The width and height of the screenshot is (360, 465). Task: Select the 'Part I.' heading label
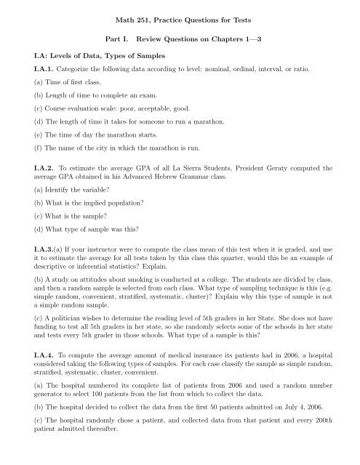tap(118, 36)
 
